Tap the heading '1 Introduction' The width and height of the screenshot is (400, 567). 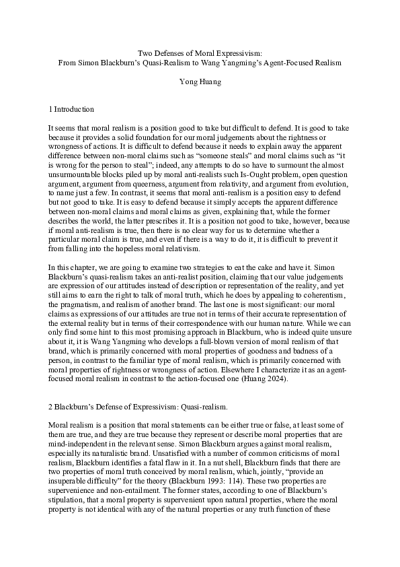point(71,109)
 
